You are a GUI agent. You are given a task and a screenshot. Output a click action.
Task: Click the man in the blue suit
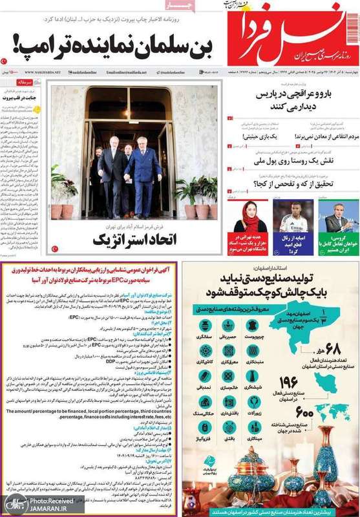click(x=142, y=167)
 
